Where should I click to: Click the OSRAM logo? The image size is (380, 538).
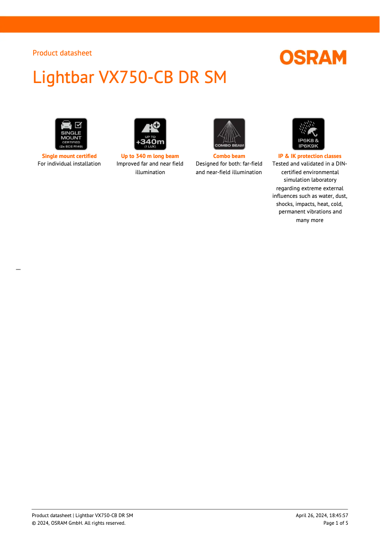click(x=313, y=57)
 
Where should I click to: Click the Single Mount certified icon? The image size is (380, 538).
click(x=71, y=134)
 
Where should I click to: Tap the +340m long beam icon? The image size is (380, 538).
click(x=150, y=134)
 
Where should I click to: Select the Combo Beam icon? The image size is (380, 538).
click(x=229, y=134)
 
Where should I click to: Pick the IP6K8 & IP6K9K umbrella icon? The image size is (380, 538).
click(x=308, y=134)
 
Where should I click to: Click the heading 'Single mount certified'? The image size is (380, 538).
click(x=69, y=156)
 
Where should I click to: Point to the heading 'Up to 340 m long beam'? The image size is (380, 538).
click(x=150, y=156)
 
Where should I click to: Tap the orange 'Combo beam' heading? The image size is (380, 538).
click(x=229, y=156)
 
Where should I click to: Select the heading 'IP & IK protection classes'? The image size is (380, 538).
click(x=309, y=156)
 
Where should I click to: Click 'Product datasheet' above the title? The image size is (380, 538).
click(x=62, y=53)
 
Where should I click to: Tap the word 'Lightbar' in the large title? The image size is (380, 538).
click(x=63, y=77)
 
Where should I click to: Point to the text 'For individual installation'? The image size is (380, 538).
click(x=69, y=164)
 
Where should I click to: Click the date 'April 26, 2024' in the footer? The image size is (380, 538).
click(x=310, y=515)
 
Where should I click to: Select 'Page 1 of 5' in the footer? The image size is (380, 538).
click(x=335, y=523)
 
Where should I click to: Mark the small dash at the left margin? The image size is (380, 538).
click(x=18, y=269)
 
